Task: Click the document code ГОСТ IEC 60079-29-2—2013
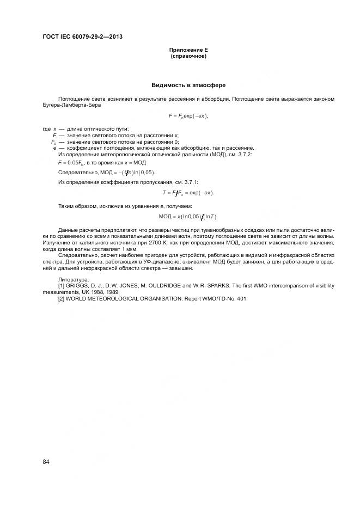point(82,37)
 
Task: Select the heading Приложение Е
point(188,50)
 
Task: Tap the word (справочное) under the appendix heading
point(188,56)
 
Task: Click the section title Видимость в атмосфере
point(188,85)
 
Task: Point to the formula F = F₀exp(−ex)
point(188,116)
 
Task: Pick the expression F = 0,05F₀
point(70,163)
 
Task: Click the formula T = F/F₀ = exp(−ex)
point(188,193)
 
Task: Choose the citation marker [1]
point(61,285)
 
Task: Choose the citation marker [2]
point(61,298)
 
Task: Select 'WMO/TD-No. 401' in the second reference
point(223,298)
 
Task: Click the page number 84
point(46,462)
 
